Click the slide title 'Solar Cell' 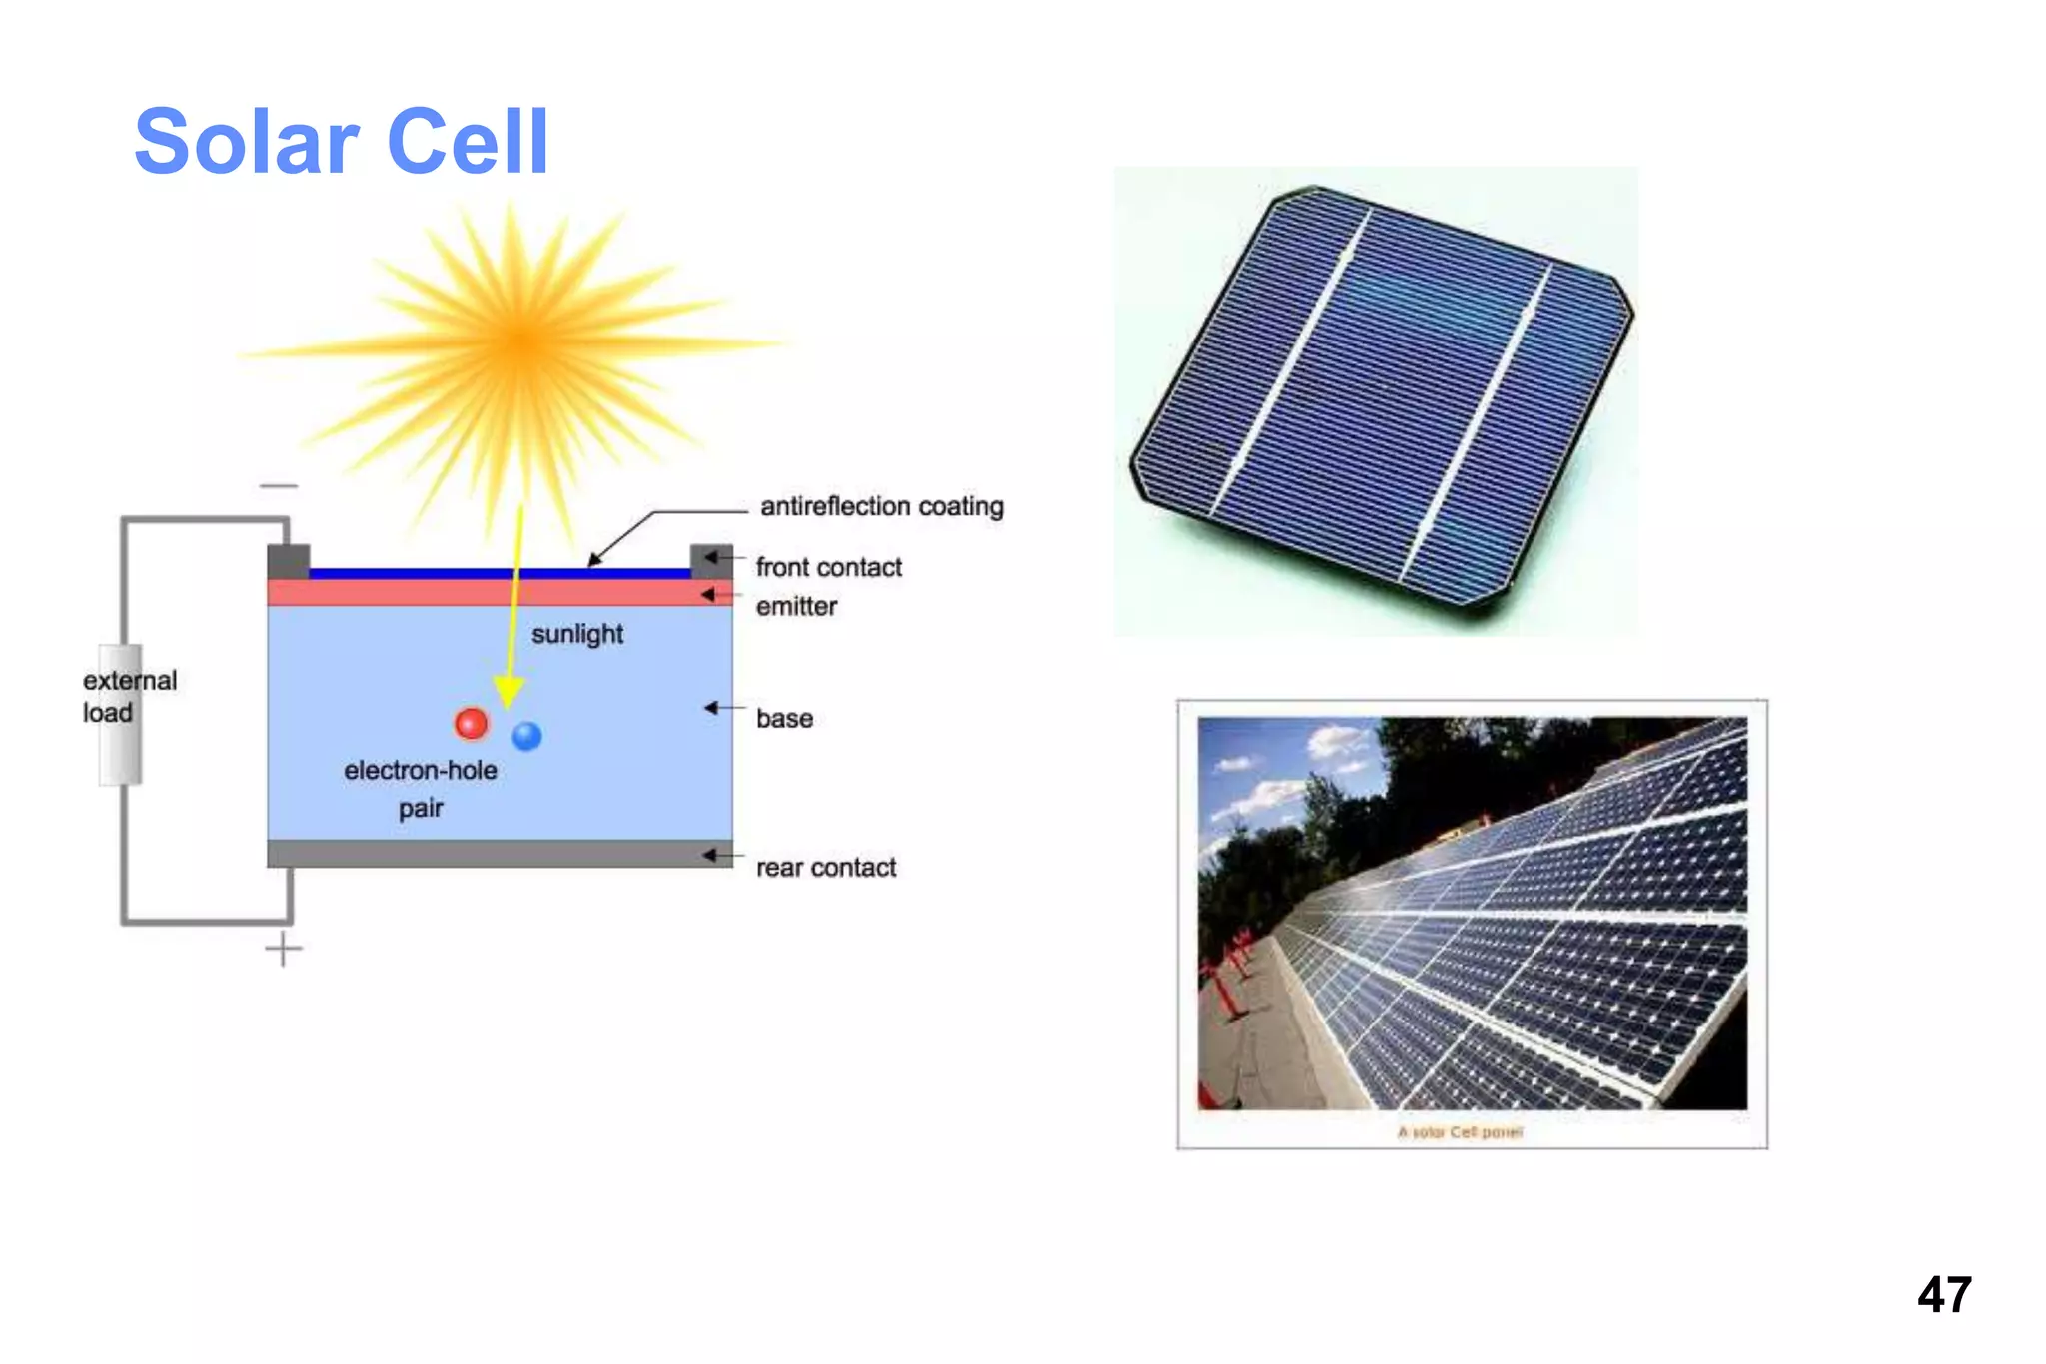tap(342, 142)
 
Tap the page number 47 tap(1943, 1295)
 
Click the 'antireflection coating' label tap(881, 506)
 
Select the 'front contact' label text tap(828, 567)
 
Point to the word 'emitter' tap(796, 606)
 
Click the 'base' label tap(784, 718)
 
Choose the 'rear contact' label tap(825, 867)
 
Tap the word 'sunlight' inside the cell tap(576, 634)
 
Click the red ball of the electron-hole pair tap(471, 723)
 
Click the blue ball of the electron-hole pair tap(526, 736)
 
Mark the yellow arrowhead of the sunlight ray tap(509, 691)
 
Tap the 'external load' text tap(129, 696)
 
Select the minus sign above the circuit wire tap(279, 486)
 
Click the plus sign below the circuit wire tap(284, 949)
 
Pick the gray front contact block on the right tap(711, 560)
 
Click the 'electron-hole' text tap(420, 770)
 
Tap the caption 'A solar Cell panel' tap(1460, 1132)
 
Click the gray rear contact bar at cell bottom tap(500, 854)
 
